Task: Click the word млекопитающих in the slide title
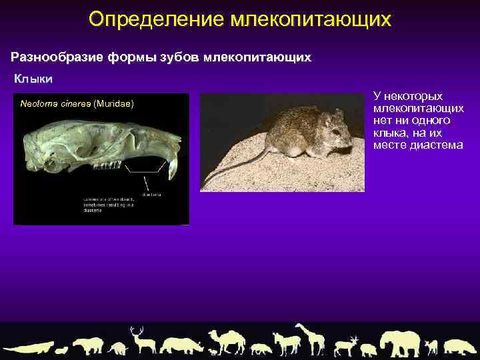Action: click(311, 19)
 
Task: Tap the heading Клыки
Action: click(34, 79)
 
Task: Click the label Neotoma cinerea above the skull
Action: click(56, 104)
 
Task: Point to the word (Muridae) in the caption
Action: click(114, 104)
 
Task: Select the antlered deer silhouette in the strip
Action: click(141, 340)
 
